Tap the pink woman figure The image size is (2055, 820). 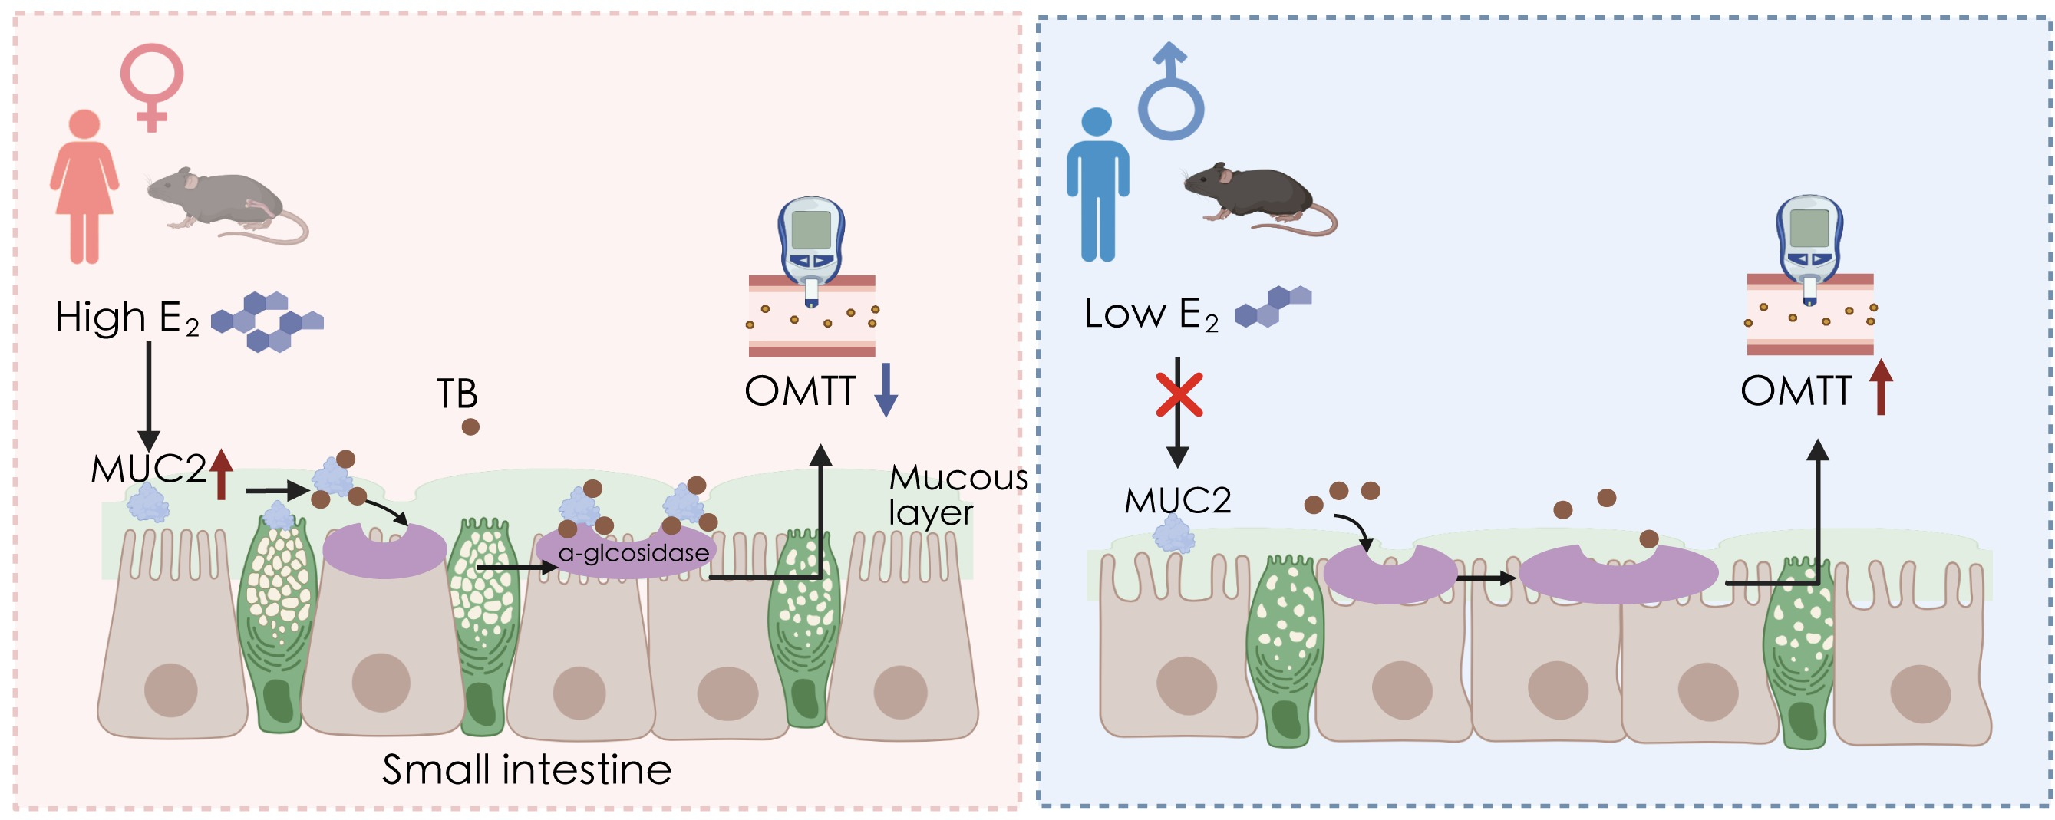84,187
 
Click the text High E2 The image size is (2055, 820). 126,318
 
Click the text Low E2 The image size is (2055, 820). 1150,314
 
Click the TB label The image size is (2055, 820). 457,394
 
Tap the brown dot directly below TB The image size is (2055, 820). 470,426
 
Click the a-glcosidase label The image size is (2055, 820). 633,553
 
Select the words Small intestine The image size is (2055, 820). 526,769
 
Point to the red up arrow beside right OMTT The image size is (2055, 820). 1881,387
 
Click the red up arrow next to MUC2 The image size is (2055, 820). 221,474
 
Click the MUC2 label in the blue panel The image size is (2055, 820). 1177,501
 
